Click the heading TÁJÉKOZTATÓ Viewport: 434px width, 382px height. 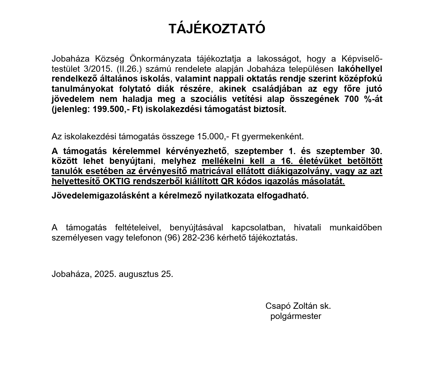tap(217, 29)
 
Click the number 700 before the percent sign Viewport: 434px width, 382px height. tap(351, 99)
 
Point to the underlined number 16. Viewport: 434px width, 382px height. tap(287, 161)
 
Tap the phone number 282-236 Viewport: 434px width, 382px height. tap(199, 238)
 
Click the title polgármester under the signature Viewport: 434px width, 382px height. tap(296, 316)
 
